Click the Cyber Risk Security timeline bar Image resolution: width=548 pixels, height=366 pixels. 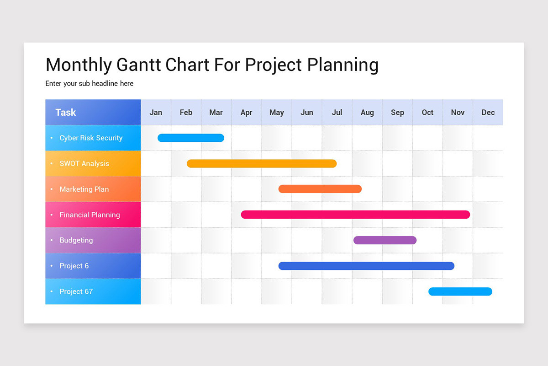(191, 138)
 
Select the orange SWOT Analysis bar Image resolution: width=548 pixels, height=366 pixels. (262, 163)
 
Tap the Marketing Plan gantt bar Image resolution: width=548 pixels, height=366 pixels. (320, 189)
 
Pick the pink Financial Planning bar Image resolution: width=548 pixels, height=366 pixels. (355, 215)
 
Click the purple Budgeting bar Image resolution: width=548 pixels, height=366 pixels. (385, 240)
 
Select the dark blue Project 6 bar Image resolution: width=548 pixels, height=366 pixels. (366, 266)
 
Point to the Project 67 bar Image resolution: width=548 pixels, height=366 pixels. (460, 291)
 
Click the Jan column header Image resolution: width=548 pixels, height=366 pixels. (156, 113)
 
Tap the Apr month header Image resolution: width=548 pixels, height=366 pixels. (246, 113)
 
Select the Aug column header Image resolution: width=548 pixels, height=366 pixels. (367, 113)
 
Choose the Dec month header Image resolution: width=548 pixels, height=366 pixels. (488, 113)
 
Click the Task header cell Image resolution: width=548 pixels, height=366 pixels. (66, 113)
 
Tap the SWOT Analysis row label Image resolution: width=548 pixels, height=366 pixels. (84, 163)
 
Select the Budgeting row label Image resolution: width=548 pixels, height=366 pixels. (76, 240)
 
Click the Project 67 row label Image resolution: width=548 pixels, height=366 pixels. (76, 291)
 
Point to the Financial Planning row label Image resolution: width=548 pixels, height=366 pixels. (90, 215)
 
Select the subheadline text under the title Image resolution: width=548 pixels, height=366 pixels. (90, 84)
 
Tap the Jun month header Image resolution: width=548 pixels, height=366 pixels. (307, 113)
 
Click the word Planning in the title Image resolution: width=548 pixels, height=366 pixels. (342, 65)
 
